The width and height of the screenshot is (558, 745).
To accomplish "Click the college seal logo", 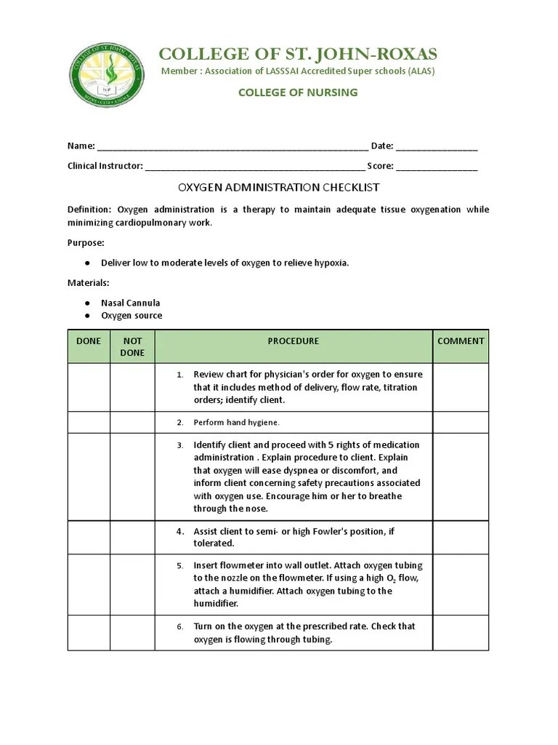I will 105,76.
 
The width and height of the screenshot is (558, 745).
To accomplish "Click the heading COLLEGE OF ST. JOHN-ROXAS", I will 298,55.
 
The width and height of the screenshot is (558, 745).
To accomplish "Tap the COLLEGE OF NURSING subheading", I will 298,92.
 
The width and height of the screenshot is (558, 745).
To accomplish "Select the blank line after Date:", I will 437,146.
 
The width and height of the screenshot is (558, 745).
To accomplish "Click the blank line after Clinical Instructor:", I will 255,166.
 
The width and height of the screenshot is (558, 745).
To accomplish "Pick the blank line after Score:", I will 437,166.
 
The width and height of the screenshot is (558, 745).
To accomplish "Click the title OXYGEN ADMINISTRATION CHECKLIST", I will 279,188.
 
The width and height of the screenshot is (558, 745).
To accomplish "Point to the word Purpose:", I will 86,242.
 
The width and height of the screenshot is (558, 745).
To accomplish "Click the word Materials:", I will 89,282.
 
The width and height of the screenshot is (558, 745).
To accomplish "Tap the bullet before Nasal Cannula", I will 87,303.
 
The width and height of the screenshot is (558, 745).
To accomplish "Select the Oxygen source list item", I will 132,316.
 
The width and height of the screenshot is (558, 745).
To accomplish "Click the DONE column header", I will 89,341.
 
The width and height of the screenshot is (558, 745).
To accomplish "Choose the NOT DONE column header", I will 132,346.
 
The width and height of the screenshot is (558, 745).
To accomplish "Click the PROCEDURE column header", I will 293,341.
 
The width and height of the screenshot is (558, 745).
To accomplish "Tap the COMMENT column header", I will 461,341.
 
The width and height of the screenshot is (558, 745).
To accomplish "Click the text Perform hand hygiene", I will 236,423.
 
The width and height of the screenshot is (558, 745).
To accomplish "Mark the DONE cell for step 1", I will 89,387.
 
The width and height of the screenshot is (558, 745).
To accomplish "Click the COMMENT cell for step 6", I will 461,632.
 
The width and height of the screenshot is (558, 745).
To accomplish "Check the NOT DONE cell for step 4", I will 132,538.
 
